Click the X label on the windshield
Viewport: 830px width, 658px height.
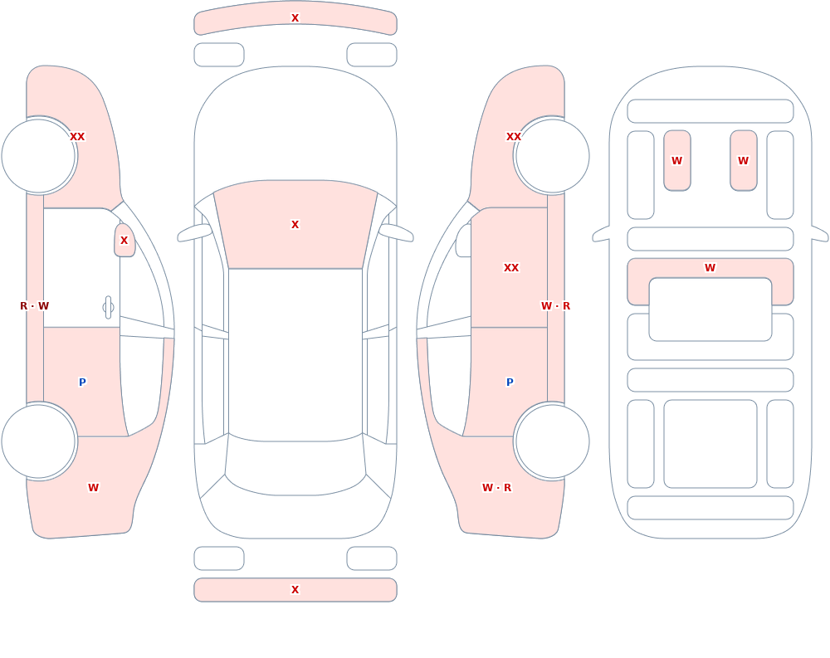point(295,225)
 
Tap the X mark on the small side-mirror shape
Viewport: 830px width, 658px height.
point(124,241)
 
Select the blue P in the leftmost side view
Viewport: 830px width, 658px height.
point(82,383)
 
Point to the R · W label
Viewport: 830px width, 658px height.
point(34,306)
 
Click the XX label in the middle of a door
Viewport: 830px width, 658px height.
point(510,268)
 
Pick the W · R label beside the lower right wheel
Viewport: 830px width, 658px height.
point(496,488)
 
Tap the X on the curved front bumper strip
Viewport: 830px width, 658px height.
point(295,18)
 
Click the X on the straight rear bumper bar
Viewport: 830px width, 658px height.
point(295,590)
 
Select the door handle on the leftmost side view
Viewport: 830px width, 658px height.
point(108,308)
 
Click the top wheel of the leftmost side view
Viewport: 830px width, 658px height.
point(39,156)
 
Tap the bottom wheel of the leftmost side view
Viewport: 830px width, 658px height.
point(39,441)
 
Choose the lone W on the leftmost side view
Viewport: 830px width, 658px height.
point(93,488)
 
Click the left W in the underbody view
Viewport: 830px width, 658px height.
point(676,161)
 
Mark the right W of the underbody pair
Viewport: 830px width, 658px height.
point(743,161)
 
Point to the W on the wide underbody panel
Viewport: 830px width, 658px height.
point(710,268)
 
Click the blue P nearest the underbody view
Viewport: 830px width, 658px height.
point(510,383)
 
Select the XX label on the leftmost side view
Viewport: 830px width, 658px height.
point(77,137)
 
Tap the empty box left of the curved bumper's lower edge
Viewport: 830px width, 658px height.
point(219,55)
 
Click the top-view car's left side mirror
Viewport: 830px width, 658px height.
point(195,233)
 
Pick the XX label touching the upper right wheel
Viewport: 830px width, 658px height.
point(514,137)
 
